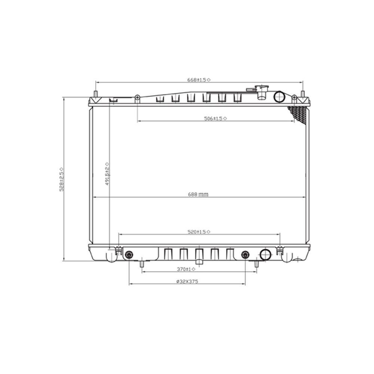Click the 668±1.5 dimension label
(199, 80)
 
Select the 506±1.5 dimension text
(215, 118)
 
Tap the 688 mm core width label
(198, 194)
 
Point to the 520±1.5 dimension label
(199, 232)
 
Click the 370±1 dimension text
(186, 269)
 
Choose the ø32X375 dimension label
(187, 282)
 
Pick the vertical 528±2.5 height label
(62, 180)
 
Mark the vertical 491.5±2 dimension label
(107, 174)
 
